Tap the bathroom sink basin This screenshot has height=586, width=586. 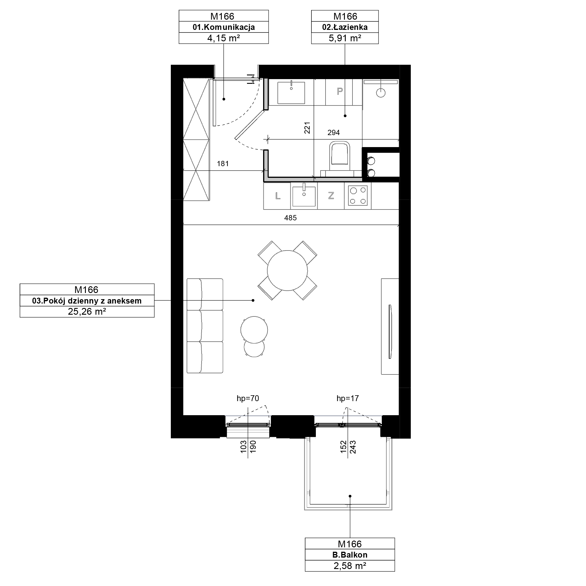[291, 93]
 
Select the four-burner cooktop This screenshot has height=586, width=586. [358, 196]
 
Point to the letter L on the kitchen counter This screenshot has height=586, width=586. [278, 196]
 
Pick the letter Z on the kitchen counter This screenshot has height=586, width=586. [331, 196]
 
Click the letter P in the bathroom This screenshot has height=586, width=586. [340, 91]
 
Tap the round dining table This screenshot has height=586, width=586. [287, 270]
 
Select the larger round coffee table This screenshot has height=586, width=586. [254, 330]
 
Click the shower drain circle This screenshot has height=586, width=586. [381, 93]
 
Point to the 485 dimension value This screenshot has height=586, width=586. [290, 218]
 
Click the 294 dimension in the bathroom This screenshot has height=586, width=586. [334, 132]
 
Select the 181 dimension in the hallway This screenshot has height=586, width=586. [223, 164]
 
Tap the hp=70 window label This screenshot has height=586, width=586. [248, 398]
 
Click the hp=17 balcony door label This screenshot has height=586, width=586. [347, 398]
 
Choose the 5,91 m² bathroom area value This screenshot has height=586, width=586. [345, 38]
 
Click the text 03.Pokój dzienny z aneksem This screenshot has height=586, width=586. [87, 301]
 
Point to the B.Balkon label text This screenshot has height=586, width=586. [350, 555]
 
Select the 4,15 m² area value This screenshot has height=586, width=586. [224, 38]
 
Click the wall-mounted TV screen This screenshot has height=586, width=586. [390, 331]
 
